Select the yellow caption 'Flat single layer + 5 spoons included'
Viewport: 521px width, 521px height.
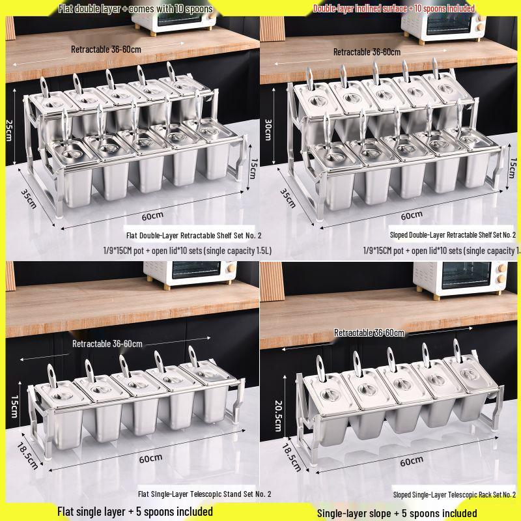coord(135,511)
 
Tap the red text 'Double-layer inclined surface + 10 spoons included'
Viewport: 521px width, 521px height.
coord(393,8)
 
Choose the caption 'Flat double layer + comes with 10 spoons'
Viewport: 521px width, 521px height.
coord(135,8)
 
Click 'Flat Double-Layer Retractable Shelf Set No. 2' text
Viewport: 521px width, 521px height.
coord(193,235)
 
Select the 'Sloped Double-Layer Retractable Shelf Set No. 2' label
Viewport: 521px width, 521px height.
coord(452,234)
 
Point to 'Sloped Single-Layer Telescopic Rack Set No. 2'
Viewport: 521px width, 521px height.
coord(454,494)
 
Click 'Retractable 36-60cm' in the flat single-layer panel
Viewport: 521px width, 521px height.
coord(107,344)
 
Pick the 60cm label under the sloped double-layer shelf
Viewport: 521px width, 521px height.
coord(411,215)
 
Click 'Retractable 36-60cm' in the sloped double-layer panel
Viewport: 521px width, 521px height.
coord(367,51)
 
